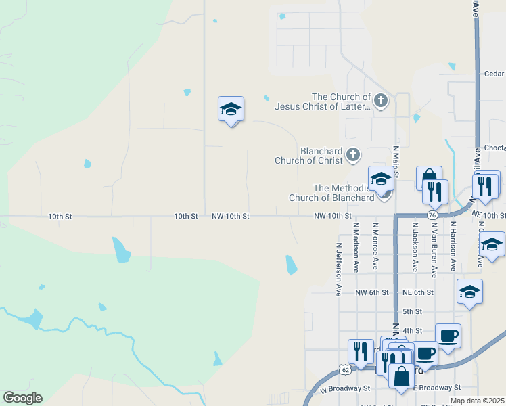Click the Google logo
22,398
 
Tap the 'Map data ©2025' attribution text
478,401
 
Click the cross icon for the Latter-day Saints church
381,101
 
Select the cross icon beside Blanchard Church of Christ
352,156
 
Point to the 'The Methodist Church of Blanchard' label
331,193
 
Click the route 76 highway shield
432,215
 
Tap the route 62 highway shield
346,370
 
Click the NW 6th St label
372,292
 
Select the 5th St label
412,311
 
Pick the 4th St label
412,330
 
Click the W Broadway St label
345,389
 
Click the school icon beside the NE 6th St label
469,292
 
